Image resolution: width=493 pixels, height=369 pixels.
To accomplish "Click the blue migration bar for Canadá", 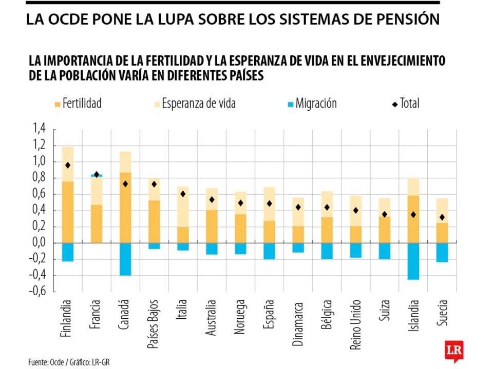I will coord(125,259).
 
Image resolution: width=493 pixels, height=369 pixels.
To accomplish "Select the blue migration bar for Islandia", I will coord(412,261).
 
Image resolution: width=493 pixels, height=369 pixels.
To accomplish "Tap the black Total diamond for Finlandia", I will coord(67,165).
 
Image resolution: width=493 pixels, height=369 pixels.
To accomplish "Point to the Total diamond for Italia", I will coord(182,194).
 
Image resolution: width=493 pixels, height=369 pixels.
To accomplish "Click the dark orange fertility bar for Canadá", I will coord(125,208).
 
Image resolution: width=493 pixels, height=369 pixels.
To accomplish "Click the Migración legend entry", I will coord(311,104).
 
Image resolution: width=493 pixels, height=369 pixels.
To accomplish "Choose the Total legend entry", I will coord(405,104).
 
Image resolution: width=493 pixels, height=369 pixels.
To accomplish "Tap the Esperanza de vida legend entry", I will coord(194,104).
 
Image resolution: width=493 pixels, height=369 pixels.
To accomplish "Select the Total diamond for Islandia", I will coord(412,215).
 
